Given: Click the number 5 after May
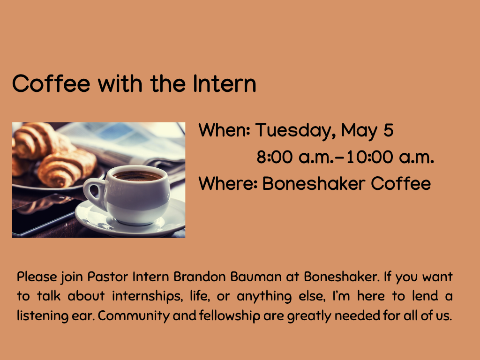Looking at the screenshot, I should click(x=388, y=130).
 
